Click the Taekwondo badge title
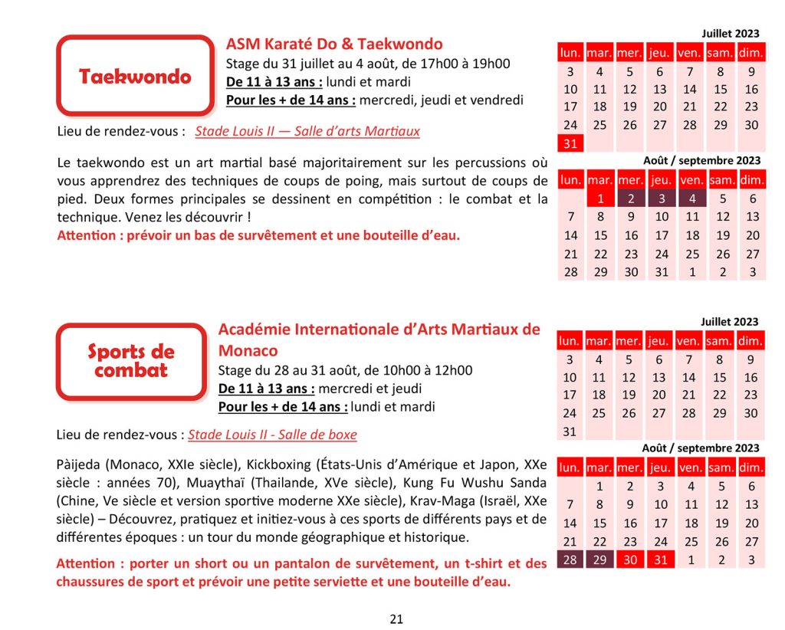[135, 77]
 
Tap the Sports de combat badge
[131, 361]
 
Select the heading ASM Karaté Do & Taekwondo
[334, 44]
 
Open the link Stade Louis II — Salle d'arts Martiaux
[307, 131]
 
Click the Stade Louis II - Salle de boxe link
[272, 435]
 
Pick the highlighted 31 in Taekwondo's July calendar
[570, 143]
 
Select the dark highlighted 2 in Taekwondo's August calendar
[630, 199]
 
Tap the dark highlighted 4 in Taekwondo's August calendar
[691, 199]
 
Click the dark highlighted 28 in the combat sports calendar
[570, 559]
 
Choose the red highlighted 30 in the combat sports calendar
[630, 559]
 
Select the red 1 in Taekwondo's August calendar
[600, 199]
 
